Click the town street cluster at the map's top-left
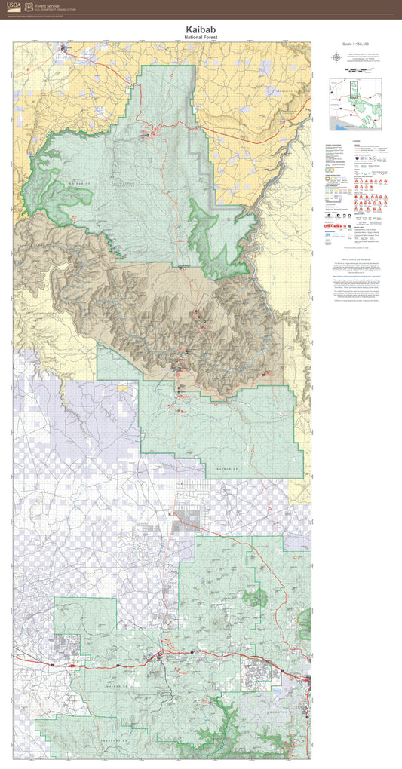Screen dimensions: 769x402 [x=66, y=51]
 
